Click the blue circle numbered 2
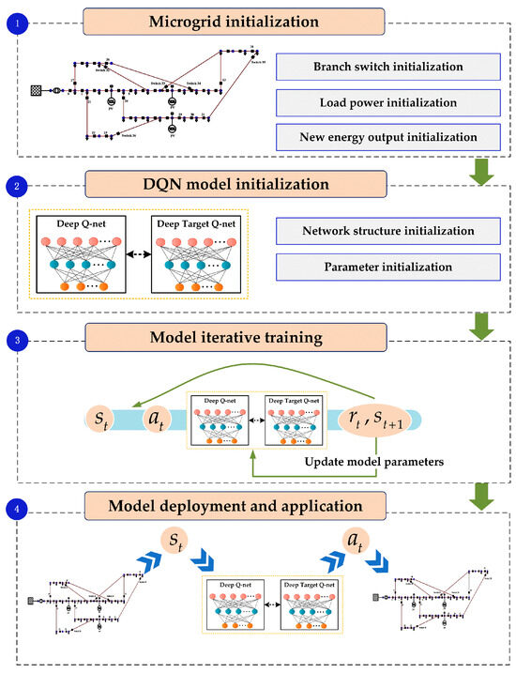click(12, 187)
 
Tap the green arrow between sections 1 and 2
click(478, 169)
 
